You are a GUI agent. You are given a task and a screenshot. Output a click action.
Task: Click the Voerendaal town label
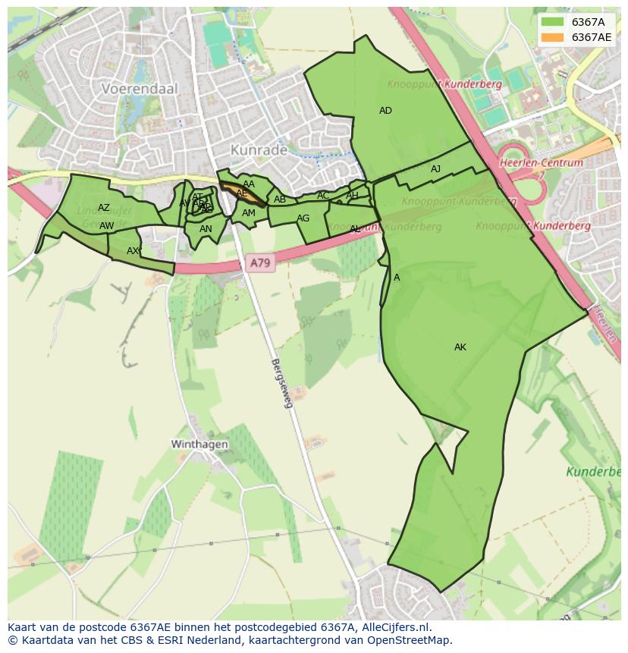(x=140, y=89)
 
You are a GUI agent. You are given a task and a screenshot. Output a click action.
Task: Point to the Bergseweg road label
(x=281, y=383)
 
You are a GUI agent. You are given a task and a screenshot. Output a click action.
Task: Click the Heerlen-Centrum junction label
(x=541, y=162)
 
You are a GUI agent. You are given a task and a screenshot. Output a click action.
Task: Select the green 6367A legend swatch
(x=552, y=22)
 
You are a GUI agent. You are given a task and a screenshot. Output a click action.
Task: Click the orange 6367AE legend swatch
(x=552, y=37)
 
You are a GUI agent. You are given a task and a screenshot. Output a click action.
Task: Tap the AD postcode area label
(x=385, y=111)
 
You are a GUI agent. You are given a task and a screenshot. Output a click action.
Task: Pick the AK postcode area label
(x=460, y=347)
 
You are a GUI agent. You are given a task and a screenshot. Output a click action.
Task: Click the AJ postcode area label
(x=435, y=169)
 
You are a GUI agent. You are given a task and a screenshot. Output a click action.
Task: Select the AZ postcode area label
(x=104, y=208)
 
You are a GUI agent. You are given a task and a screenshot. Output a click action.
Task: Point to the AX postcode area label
(x=133, y=251)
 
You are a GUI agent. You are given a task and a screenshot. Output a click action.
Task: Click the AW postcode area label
(x=106, y=226)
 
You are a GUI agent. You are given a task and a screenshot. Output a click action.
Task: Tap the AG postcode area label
(x=303, y=218)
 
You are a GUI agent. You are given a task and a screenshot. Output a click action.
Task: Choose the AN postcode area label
(x=206, y=229)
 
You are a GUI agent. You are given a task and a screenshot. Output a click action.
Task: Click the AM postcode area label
(x=249, y=214)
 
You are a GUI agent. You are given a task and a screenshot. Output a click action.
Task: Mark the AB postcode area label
(x=280, y=200)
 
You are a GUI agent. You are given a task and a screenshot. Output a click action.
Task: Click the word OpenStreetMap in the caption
(x=410, y=639)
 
